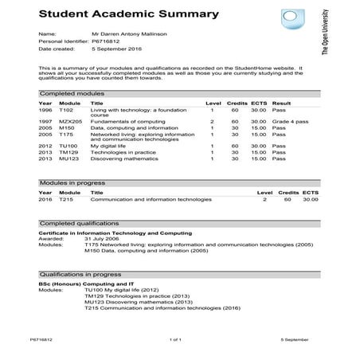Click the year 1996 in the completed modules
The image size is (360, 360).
[x=45, y=109]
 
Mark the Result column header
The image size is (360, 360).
[x=281, y=103]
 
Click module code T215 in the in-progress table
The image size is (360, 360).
[x=66, y=200]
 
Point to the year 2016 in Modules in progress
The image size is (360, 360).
[x=45, y=200]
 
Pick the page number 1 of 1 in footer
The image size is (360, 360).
[x=176, y=338]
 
